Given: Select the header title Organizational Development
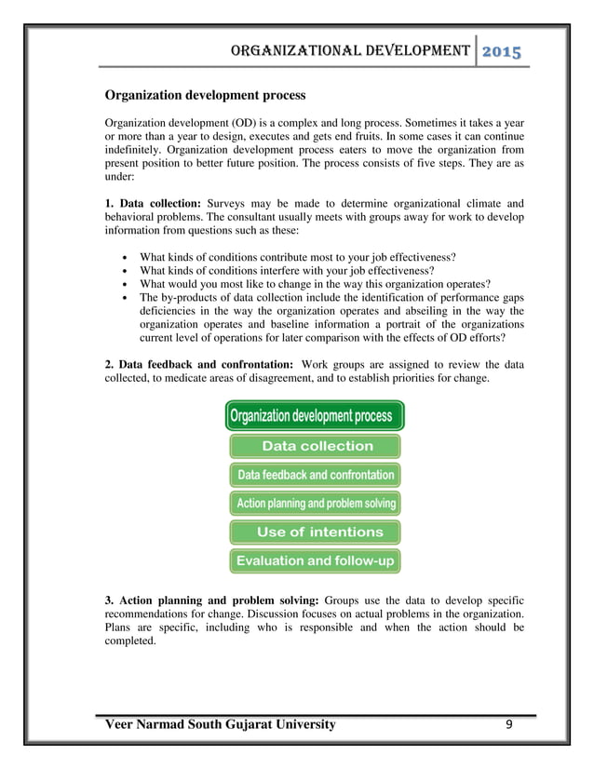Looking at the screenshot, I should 343,50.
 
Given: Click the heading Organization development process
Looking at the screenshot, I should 204,95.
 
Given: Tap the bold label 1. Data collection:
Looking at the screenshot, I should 153,203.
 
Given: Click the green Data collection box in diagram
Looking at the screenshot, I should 315,446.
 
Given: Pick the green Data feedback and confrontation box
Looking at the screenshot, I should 315,475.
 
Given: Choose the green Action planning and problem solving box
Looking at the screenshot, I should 315,504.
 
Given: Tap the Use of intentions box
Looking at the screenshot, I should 315,533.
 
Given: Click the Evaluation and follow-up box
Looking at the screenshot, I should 315,561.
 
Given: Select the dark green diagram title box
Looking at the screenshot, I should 315,415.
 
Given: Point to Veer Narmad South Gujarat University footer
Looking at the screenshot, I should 221,724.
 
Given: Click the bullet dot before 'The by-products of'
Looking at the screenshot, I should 125,298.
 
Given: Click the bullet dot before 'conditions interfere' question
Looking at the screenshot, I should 125,271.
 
